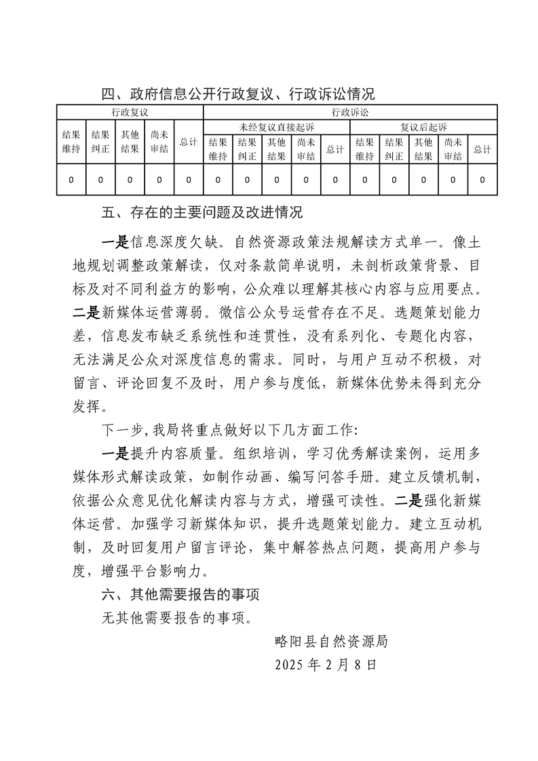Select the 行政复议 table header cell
(x=130, y=112)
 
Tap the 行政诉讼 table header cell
(x=350, y=112)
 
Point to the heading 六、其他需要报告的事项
(x=180, y=595)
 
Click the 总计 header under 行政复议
(x=188, y=142)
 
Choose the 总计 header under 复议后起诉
(x=482, y=149)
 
